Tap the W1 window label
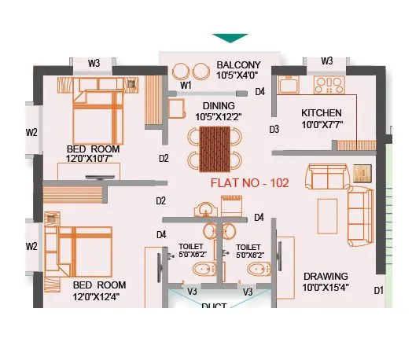coord(186,85)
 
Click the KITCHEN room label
coord(322,113)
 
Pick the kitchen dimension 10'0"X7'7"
coord(322,124)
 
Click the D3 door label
coord(275,129)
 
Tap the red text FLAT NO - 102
coord(250,183)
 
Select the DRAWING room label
coord(326,276)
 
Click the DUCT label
coord(214,307)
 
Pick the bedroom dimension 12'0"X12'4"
coord(99,296)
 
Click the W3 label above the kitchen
coord(326,61)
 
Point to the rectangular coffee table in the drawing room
coord(326,211)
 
